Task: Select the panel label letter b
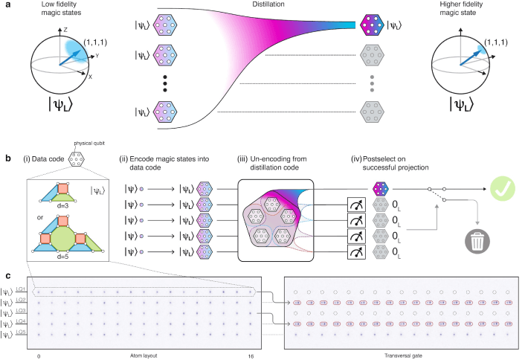[x=7, y=158]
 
